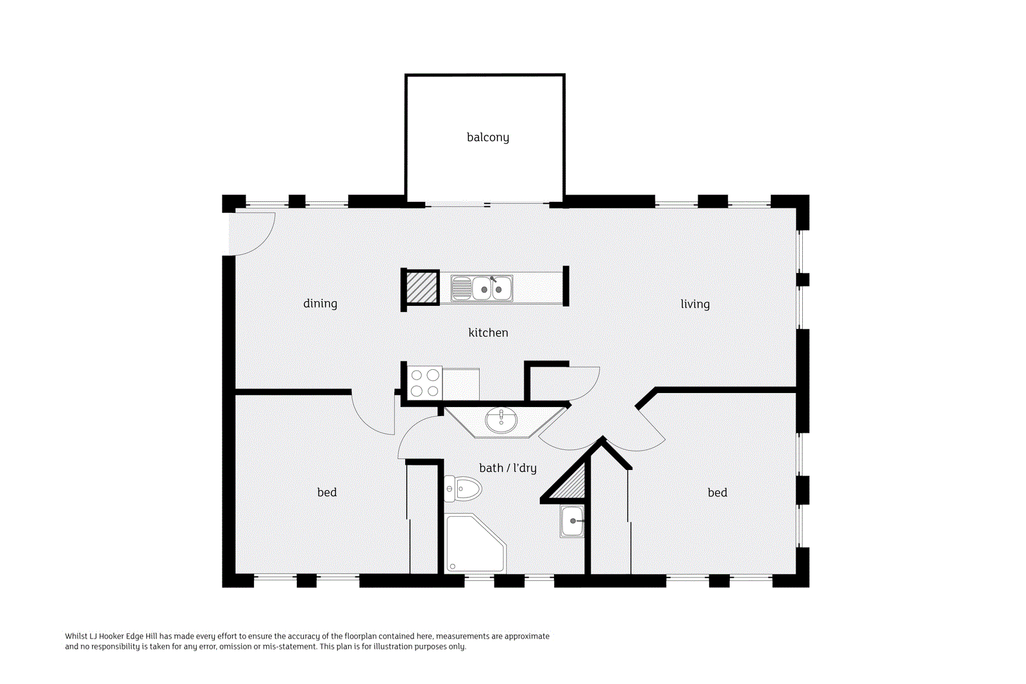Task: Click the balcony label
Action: [488, 137]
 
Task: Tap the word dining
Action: [320, 304]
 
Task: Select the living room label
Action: [695, 304]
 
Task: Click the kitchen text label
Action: [488, 333]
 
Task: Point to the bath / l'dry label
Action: [507, 468]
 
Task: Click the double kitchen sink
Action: [482, 288]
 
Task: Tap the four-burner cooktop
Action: [425, 383]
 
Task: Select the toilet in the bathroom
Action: [462, 488]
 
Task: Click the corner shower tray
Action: [475, 544]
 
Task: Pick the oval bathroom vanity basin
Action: [501, 421]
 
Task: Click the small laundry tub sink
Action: [571, 521]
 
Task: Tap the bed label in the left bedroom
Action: [327, 492]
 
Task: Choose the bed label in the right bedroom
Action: [718, 492]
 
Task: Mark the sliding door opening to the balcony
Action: [487, 204]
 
